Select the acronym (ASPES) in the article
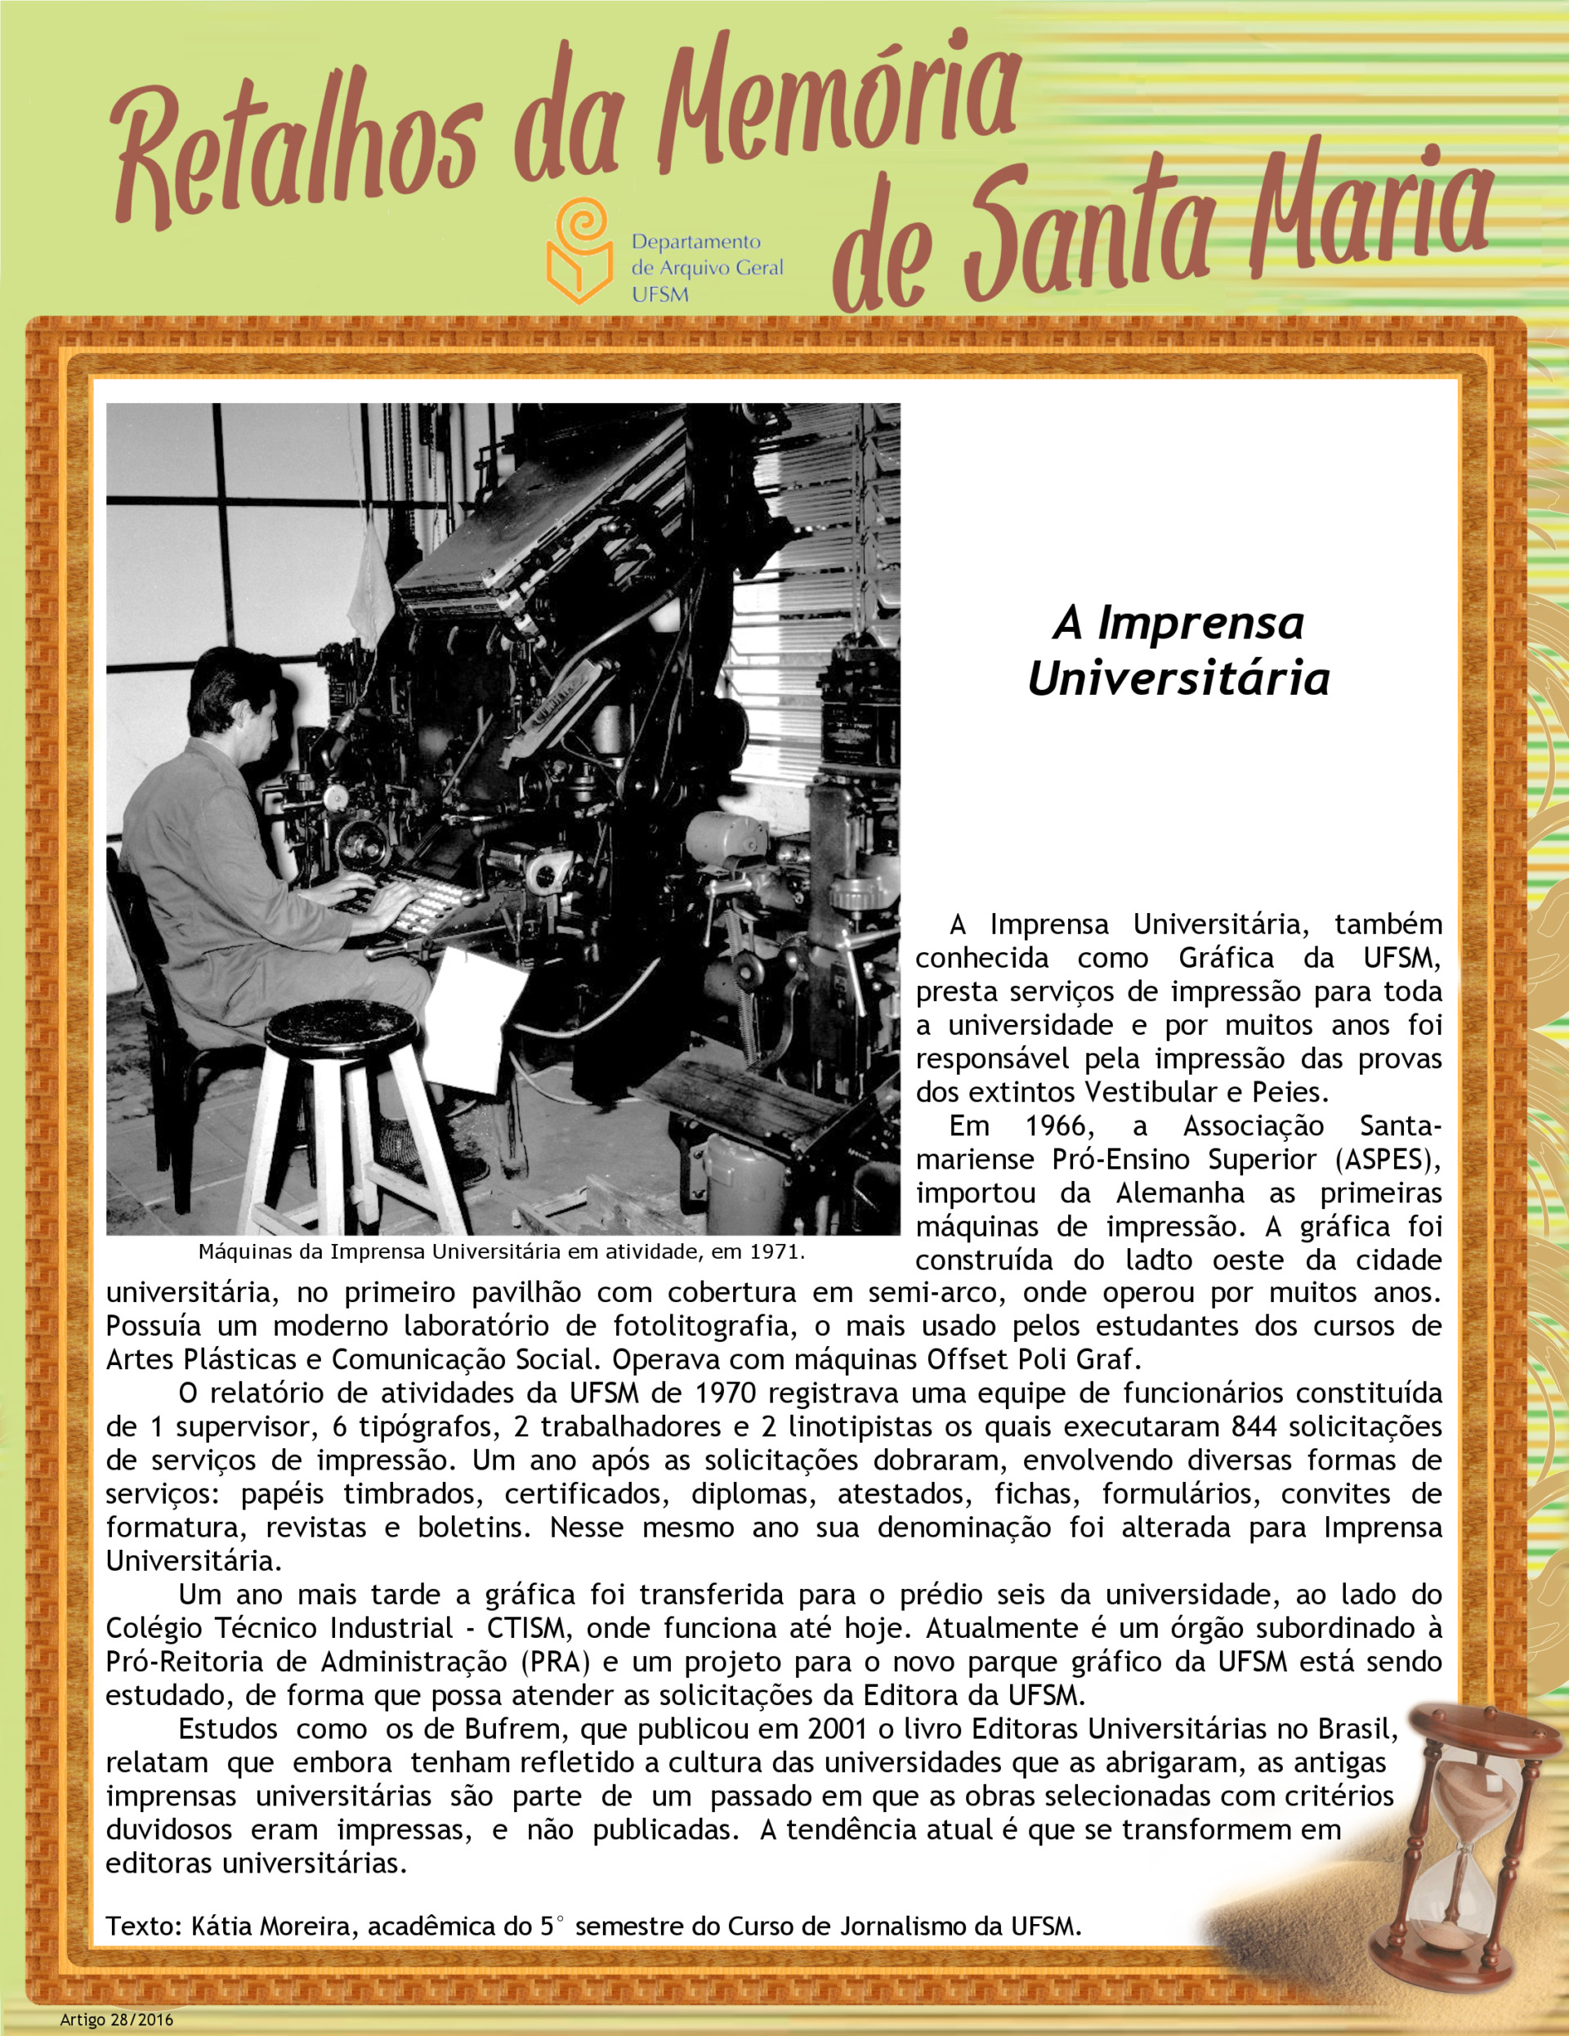coord(1388,1160)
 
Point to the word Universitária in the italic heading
coord(1178,678)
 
